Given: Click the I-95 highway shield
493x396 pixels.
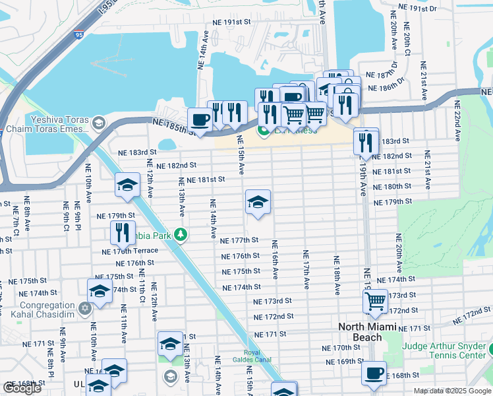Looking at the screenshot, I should pyautogui.click(x=78, y=33).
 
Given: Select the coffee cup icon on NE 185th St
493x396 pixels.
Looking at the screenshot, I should pyautogui.click(x=200, y=120).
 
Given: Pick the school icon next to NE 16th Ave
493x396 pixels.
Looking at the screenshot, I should pyautogui.click(x=258, y=202).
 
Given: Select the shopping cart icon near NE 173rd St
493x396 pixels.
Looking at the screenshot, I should pyautogui.click(x=375, y=302).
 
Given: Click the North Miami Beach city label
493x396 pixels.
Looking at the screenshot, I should pyautogui.click(x=369, y=332).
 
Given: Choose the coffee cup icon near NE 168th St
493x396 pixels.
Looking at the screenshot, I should pyautogui.click(x=374, y=373).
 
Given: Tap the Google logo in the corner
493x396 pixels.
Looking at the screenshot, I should pyautogui.click(x=22, y=388).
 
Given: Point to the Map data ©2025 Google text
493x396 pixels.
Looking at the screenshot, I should pyautogui.click(x=452, y=391).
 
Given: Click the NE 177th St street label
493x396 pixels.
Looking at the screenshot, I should pyautogui.click(x=239, y=241).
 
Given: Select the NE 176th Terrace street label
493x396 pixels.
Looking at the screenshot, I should pyautogui.click(x=130, y=251).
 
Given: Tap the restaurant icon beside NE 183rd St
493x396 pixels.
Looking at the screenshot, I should pyautogui.click(x=365, y=141).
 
